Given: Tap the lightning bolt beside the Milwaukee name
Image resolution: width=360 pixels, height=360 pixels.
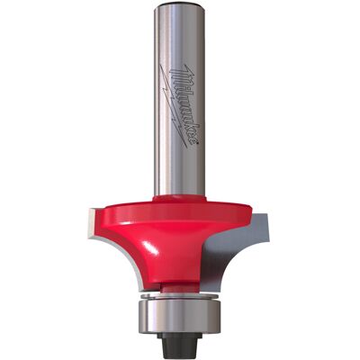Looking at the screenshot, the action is click(174, 106).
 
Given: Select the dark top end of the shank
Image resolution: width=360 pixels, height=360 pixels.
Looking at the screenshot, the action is click(179, 7).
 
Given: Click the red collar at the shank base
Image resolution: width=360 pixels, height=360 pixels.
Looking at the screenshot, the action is click(179, 198).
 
